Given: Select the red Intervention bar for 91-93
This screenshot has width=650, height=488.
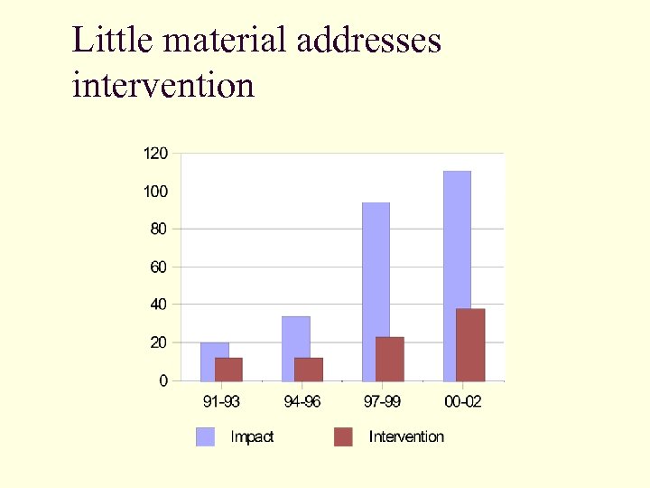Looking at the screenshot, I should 228,370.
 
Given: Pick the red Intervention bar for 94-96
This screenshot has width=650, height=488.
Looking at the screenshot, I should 309,370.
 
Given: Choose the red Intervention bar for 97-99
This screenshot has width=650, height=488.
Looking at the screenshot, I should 390,359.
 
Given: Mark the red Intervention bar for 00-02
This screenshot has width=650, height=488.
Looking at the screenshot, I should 470,345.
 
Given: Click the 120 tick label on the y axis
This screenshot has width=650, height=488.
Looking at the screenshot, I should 155,154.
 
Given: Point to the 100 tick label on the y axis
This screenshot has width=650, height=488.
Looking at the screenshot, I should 155,192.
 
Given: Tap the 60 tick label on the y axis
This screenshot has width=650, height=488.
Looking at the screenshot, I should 158,267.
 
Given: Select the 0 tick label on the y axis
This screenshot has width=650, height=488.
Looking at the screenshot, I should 163,381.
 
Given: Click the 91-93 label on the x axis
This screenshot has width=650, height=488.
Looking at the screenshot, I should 221,401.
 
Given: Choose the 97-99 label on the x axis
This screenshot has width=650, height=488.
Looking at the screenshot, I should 383,401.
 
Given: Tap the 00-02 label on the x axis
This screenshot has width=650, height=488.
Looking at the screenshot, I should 463,401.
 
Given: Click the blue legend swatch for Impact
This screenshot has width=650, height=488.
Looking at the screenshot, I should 206,437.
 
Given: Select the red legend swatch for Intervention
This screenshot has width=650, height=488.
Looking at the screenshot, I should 343,437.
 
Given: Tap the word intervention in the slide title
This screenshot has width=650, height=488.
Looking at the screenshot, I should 162,86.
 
